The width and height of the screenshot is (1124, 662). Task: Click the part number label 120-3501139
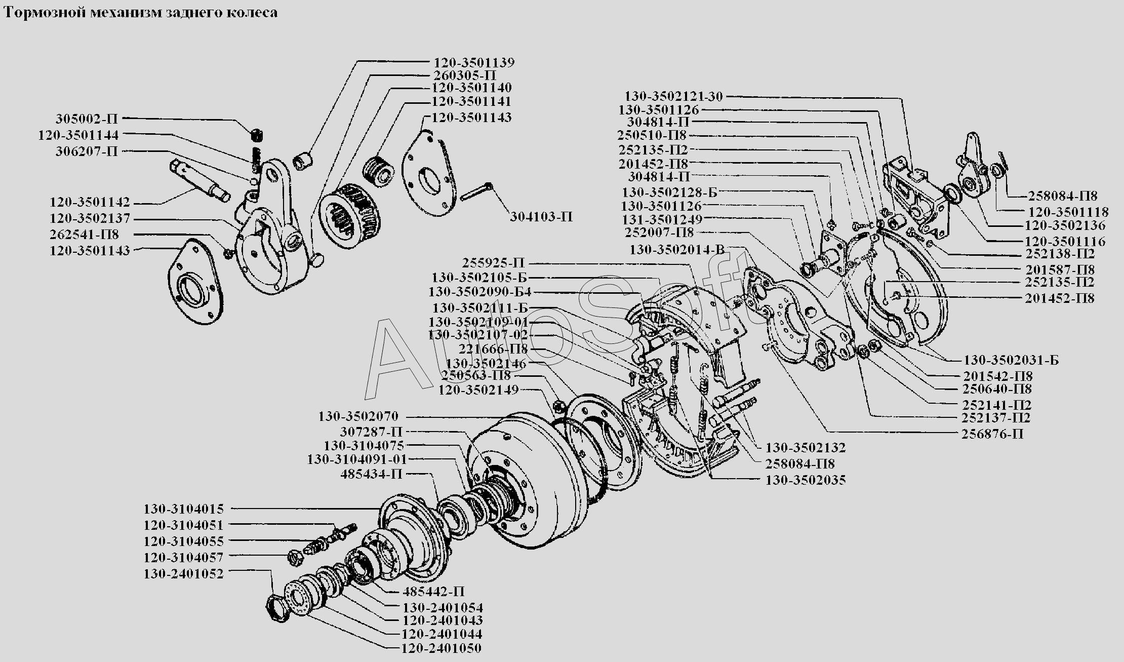point(474,63)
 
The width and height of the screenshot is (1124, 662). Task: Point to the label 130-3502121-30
point(673,96)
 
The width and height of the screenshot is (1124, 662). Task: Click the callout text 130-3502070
point(358,417)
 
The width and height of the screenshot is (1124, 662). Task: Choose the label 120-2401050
point(441,648)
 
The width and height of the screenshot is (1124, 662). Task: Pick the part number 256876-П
point(992,434)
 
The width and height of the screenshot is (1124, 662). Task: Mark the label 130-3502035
point(805,480)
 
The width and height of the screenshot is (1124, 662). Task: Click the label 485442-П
point(433,592)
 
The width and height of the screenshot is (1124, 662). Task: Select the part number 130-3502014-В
point(684,249)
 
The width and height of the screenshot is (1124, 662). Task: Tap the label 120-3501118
point(1068,212)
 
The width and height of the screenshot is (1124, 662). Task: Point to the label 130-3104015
point(183,509)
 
